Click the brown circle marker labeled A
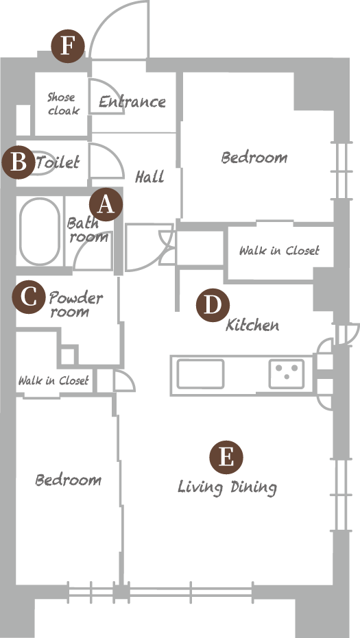coord(106,205)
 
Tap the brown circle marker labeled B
coord(19,162)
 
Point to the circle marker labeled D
coord(213,305)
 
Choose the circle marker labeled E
coord(226,457)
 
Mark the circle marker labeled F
coord(68,47)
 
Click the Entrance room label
coord(132,101)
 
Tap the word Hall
coord(150,177)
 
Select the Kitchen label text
coord(252,325)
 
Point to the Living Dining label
coord(228,487)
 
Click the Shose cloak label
coord(62,103)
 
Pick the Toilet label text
coord(58,163)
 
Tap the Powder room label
coord(75,304)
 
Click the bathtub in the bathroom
coord(40,231)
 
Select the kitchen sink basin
coord(200,373)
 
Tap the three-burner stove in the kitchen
coord(287,373)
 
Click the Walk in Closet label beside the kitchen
coord(279,250)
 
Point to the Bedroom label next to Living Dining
coord(69,480)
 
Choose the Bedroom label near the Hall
coord(254,157)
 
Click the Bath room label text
coord(88,230)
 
